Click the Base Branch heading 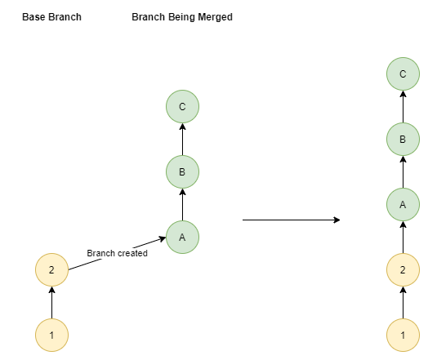[51, 17]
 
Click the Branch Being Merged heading [182, 17]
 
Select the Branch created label [117, 253]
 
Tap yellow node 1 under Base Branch [51, 336]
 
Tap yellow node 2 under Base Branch [51, 269]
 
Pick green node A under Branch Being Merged [183, 238]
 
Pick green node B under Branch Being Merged [183, 171]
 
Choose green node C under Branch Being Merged [183, 106]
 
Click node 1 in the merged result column [403, 336]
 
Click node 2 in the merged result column [403, 269]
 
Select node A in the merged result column [403, 205]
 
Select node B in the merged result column [403, 139]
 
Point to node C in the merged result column [403, 73]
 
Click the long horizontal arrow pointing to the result [292, 220]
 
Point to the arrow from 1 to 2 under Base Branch [51, 303]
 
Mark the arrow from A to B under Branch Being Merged [183, 205]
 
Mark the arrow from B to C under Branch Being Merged [183, 139]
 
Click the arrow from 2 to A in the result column [403, 238]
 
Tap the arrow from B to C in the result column [403, 107]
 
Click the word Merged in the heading [215, 17]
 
